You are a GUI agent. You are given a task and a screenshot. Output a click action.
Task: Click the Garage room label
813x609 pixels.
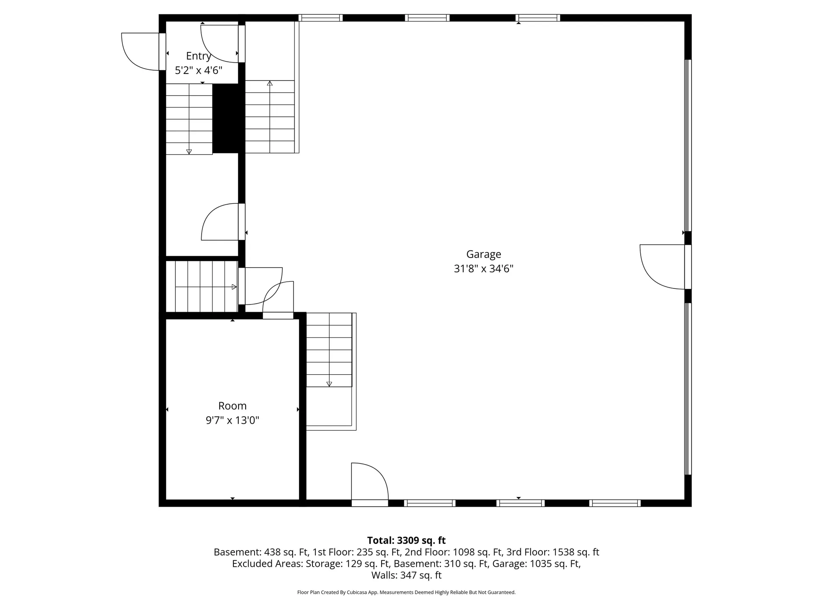point(484,254)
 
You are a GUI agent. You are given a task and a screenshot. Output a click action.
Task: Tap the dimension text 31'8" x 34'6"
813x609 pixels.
point(484,269)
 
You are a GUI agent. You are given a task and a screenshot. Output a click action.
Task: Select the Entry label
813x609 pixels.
point(198,56)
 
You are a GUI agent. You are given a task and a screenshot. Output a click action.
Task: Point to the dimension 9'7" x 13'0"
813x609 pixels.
point(232,420)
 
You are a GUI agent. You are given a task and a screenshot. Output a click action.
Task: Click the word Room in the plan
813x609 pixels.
point(232,406)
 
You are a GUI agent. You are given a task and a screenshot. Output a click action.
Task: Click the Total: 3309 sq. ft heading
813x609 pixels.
point(406,540)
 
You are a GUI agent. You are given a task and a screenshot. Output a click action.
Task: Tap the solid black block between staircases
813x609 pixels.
point(228,118)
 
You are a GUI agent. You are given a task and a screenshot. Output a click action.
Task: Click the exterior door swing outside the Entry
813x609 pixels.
point(140,52)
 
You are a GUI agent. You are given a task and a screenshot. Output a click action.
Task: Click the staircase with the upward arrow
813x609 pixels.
point(270,117)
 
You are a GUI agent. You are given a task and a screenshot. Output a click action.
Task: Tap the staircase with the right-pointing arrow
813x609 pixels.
point(202,287)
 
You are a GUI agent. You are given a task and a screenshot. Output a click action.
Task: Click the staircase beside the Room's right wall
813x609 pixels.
point(329,350)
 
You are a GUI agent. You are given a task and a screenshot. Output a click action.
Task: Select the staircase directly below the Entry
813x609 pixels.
point(189,119)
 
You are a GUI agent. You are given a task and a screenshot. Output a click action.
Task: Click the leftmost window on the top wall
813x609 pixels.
point(320,18)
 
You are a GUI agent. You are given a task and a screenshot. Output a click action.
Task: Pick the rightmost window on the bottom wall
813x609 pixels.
point(615,503)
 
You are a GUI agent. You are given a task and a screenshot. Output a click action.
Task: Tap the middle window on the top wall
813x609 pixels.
point(427,18)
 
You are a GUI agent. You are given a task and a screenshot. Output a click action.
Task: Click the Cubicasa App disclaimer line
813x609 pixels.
point(406,593)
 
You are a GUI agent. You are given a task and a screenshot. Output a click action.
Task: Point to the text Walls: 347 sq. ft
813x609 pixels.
point(406,575)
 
